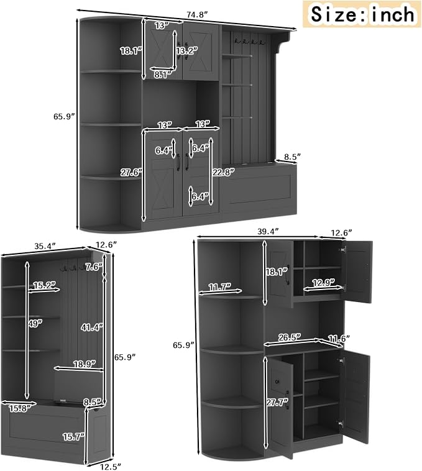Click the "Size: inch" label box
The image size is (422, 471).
pyautogui.click(x=361, y=14)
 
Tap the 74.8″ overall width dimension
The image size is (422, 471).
pyautogui.click(x=198, y=15)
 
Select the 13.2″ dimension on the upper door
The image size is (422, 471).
pyautogui.click(x=187, y=51)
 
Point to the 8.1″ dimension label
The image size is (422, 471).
pyautogui.click(x=163, y=75)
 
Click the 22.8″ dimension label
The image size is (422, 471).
pyautogui.click(x=224, y=172)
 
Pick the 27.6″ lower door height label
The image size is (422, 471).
pyautogui.click(x=131, y=173)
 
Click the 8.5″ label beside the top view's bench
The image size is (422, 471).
pyautogui.click(x=292, y=157)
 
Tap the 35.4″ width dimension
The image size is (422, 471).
pyautogui.click(x=45, y=246)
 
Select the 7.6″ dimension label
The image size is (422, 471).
pyautogui.click(x=94, y=267)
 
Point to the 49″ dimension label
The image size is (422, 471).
pyautogui.click(x=36, y=323)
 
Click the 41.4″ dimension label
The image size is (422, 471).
pyautogui.click(x=92, y=327)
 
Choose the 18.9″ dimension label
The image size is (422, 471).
pyautogui.click(x=85, y=364)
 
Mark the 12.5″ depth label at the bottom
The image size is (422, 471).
pyautogui.click(x=111, y=467)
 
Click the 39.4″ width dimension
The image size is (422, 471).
pyautogui.click(x=268, y=232)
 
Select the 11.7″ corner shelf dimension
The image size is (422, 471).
pyautogui.click(x=220, y=287)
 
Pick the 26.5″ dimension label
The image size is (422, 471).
pyautogui.click(x=290, y=337)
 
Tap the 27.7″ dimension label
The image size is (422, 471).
pyautogui.click(x=277, y=402)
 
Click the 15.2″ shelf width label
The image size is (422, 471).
pyautogui.click(x=45, y=285)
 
